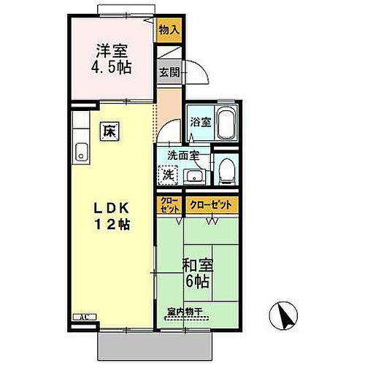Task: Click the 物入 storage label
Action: (x=169, y=30)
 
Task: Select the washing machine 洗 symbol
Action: (x=169, y=175)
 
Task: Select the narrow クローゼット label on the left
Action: (x=169, y=205)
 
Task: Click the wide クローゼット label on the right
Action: (x=210, y=205)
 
